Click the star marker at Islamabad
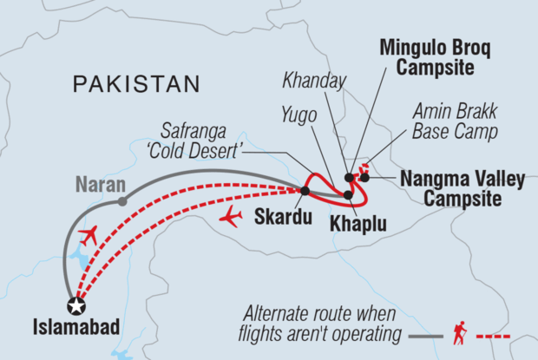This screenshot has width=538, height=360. coord(76,304)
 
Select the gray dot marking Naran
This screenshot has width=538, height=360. coord(122,201)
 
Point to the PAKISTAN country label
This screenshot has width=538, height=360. coord(137,84)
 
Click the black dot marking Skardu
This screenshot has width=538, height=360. coord(304,190)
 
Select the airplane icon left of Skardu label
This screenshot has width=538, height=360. coord(231,218)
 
